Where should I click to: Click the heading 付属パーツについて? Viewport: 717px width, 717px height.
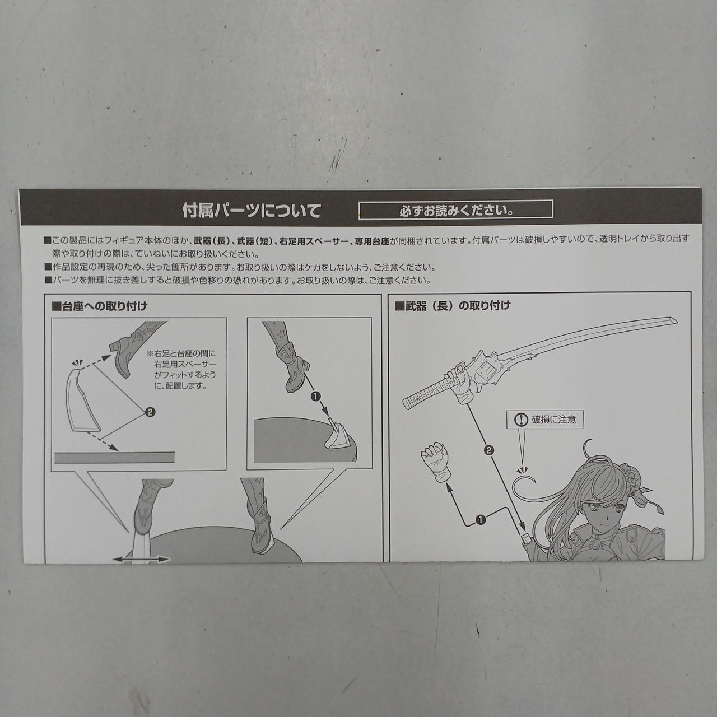pyautogui.click(x=252, y=211)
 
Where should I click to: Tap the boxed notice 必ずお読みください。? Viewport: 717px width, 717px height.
pyautogui.click(x=456, y=209)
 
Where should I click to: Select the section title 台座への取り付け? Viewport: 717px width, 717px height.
pyautogui.click(x=99, y=306)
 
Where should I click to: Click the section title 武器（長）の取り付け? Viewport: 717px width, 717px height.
pyautogui.click(x=453, y=305)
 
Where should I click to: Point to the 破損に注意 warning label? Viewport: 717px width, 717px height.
pyautogui.click(x=544, y=420)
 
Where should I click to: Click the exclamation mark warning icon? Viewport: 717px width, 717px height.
pyautogui.click(x=521, y=420)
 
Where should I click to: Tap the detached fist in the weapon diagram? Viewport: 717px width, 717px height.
pyautogui.click(x=436, y=461)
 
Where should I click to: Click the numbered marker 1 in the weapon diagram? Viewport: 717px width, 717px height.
pyautogui.click(x=481, y=519)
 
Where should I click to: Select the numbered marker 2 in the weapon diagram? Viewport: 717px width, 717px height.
pyautogui.click(x=489, y=450)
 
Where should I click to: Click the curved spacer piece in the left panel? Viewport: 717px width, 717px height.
pyautogui.click(x=82, y=401)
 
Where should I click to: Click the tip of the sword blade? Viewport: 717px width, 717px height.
pyautogui.click(x=677, y=320)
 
